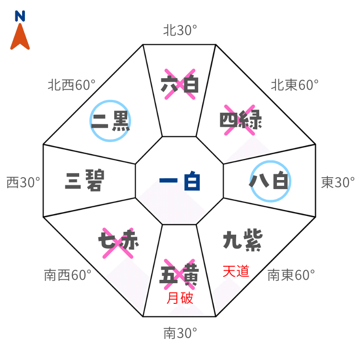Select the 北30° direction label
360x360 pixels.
pyautogui.click(x=180, y=31)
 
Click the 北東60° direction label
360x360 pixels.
pyautogui.click(x=295, y=86)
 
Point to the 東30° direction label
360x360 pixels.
pyautogui.click(x=338, y=182)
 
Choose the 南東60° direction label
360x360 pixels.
pyautogui.click(x=291, y=275)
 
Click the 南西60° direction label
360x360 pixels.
pyautogui.click(x=68, y=275)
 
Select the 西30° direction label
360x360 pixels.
pyautogui.click(x=23, y=182)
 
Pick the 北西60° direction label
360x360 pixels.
pyautogui.click(x=71, y=85)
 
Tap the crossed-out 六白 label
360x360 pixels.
pyautogui.click(x=180, y=84)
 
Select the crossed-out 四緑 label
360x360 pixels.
pyautogui.click(x=241, y=120)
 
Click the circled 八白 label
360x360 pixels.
pyautogui.click(x=270, y=182)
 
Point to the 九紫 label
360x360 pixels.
pyautogui.click(x=242, y=240)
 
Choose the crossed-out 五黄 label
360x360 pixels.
pyautogui.click(x=180, y=276)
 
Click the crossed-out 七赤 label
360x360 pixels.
pyautogui.click(x=118, y=240)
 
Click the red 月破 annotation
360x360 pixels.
pyautogui.click(x=180, y=299)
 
